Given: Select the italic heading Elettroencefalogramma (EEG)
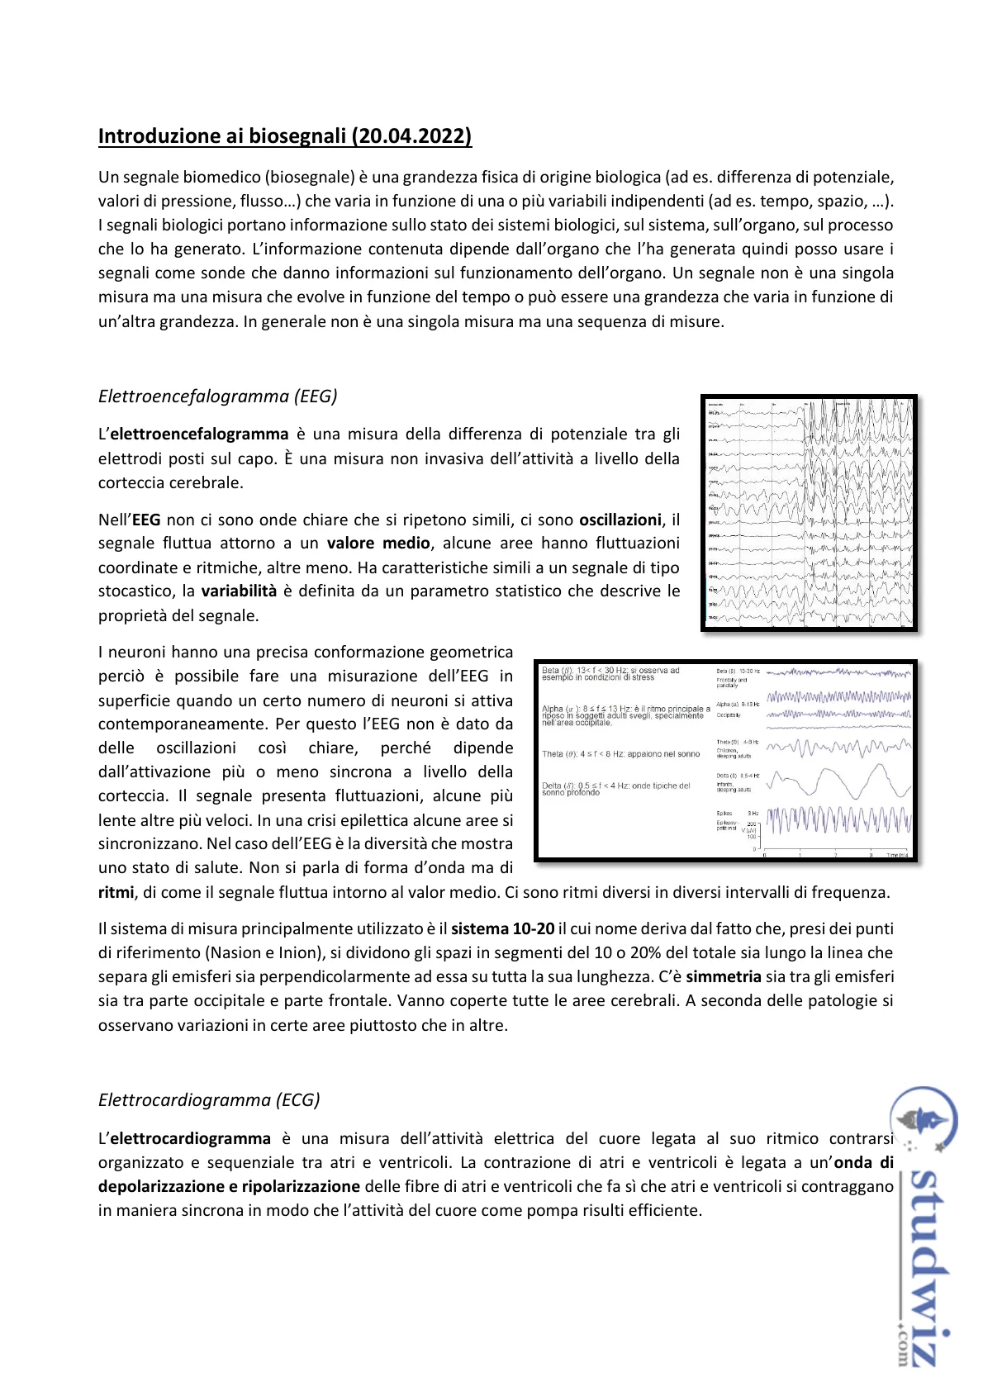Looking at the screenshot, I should click(x=217, y=396).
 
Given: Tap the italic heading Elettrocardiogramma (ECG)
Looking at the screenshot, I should click(x=209, y=1100).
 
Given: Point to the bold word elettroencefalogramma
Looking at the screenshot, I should click(x=199, y=434).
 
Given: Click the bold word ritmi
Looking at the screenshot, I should click(x=116, y=893).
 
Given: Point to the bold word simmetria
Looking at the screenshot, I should click(x=724, y=977).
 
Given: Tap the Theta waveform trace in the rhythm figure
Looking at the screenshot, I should click(x=838, y=748).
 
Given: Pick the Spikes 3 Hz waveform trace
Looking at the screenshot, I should click(x=838, y=820).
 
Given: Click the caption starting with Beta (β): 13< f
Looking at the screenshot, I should click(x=610, y=674).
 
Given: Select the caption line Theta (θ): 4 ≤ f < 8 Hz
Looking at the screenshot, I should click(x=620, y=754).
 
